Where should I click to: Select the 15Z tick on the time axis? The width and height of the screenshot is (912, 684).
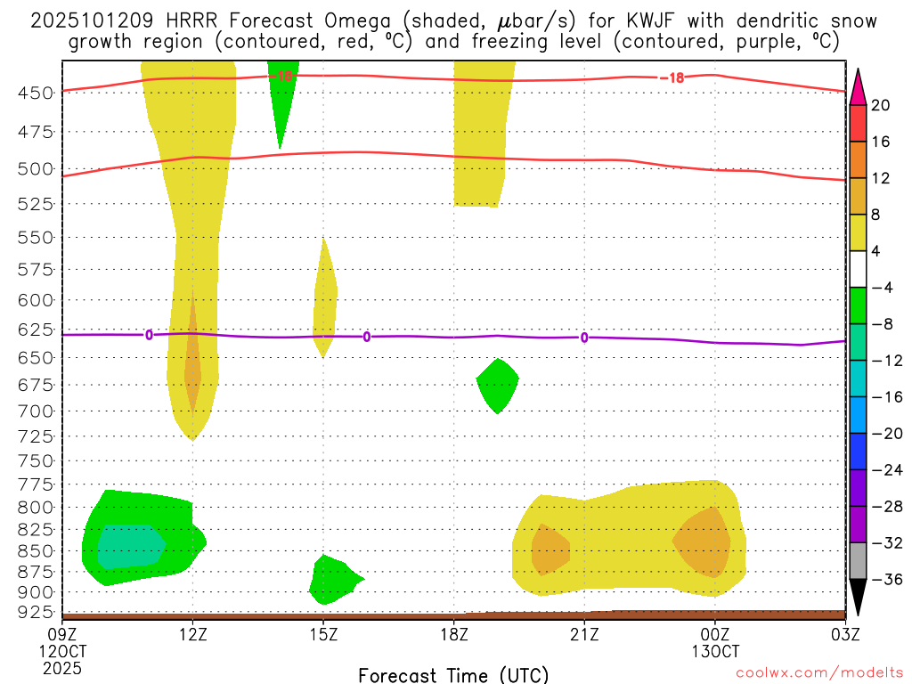[323, 633]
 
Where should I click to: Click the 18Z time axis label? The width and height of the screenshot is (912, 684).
[454, 633]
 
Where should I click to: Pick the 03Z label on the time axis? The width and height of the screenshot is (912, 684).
[845, 633]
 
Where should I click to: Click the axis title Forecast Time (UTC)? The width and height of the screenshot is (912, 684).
[453, 674]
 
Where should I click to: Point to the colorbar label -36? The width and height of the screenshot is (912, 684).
[880, 579]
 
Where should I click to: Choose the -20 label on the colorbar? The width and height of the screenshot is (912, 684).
[880, 433]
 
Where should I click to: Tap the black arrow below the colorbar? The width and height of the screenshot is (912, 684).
[859, 599]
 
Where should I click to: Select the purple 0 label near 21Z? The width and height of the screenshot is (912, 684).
[584, 337]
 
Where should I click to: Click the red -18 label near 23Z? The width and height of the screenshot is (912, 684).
[672, 77]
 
